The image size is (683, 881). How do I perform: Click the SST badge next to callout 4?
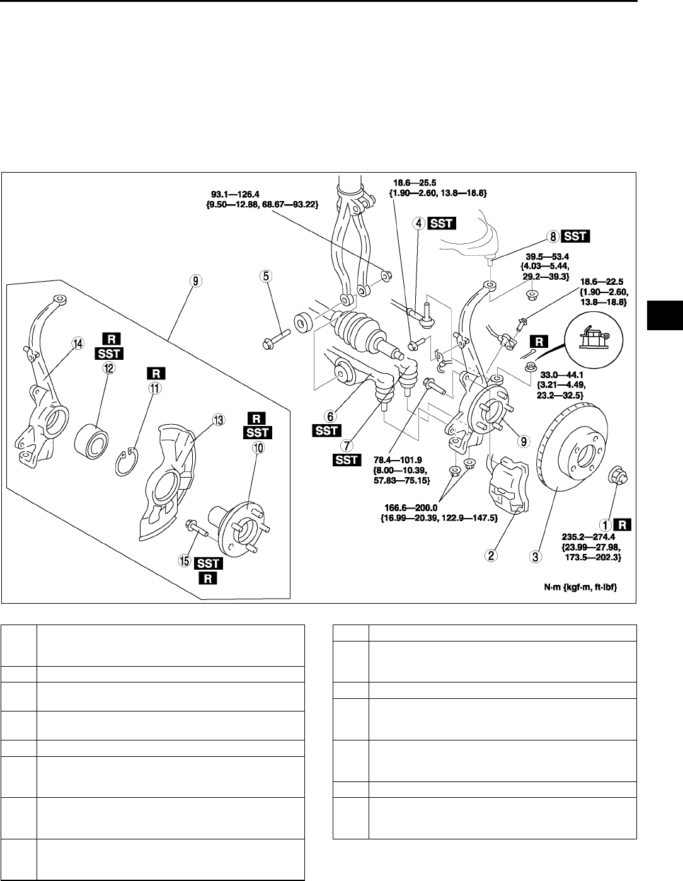tap(442, 222)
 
